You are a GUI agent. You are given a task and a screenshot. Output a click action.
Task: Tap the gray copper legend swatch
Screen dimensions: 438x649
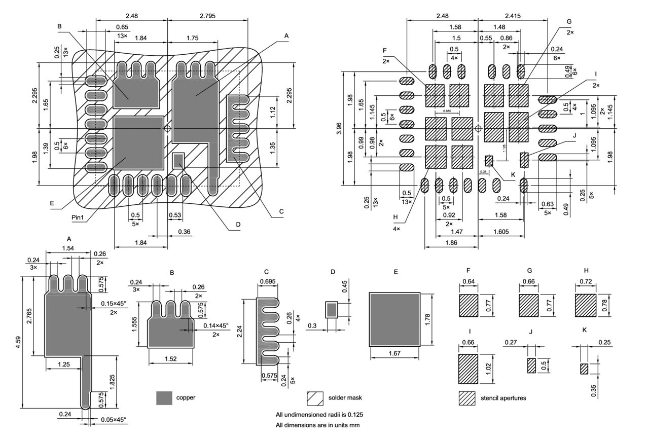(x=164, y=398)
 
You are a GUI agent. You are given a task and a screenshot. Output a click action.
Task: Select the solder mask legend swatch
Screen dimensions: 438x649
(x=315, y=398)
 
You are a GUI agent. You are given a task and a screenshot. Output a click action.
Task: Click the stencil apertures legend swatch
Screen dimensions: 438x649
(x=467, y=398)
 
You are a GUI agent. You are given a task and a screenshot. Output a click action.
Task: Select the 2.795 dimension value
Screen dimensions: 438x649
(x=208, y=16)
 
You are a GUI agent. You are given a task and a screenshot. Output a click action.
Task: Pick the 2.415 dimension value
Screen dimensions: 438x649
(x=513, y=16)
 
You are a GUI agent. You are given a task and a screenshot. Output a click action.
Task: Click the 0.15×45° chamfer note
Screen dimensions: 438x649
(x=114, y=304)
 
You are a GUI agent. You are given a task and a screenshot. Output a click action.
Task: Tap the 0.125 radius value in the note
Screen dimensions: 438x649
(x=354, y=415)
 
